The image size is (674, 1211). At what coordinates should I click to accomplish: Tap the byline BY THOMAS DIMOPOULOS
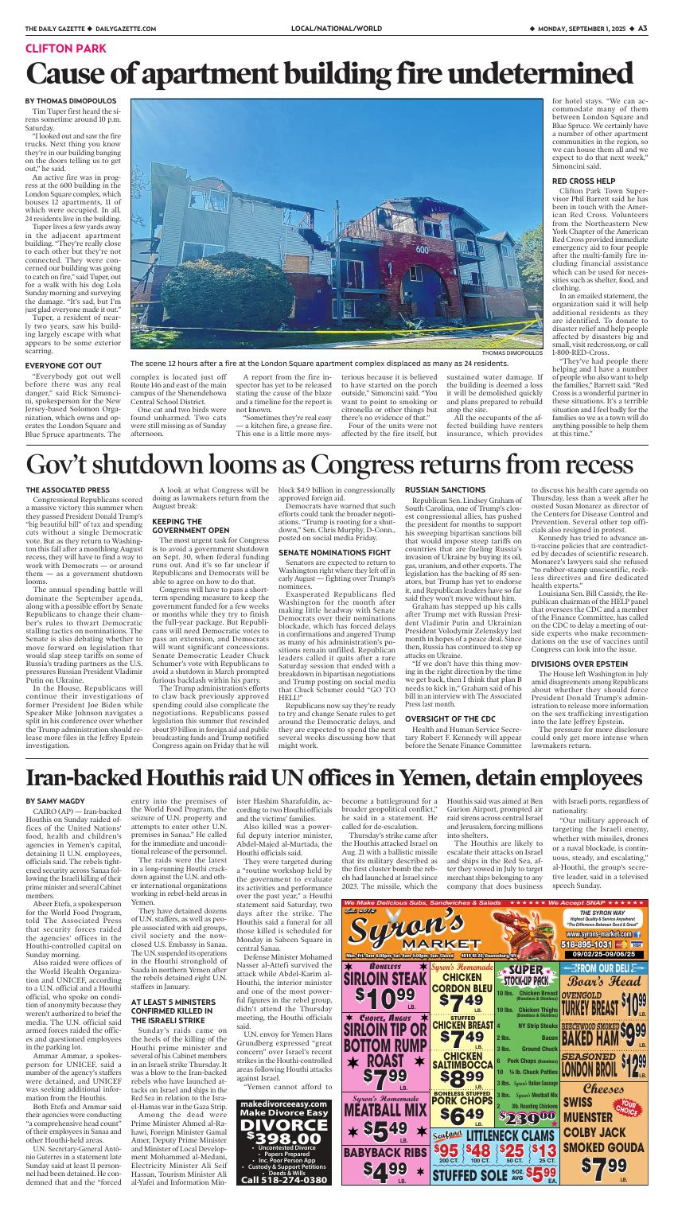click(71, 101)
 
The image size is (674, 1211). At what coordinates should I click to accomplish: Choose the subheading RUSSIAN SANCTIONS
click(446, 489)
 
